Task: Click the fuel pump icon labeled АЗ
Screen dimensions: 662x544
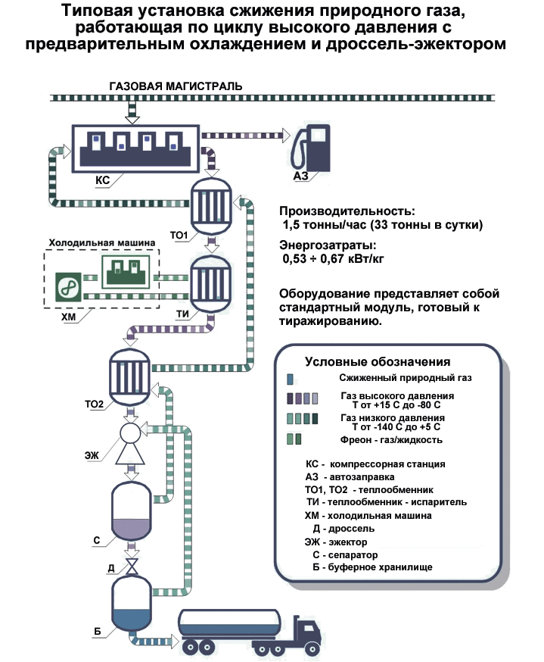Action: (312, 149)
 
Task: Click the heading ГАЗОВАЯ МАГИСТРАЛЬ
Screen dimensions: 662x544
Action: (176, 86)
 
